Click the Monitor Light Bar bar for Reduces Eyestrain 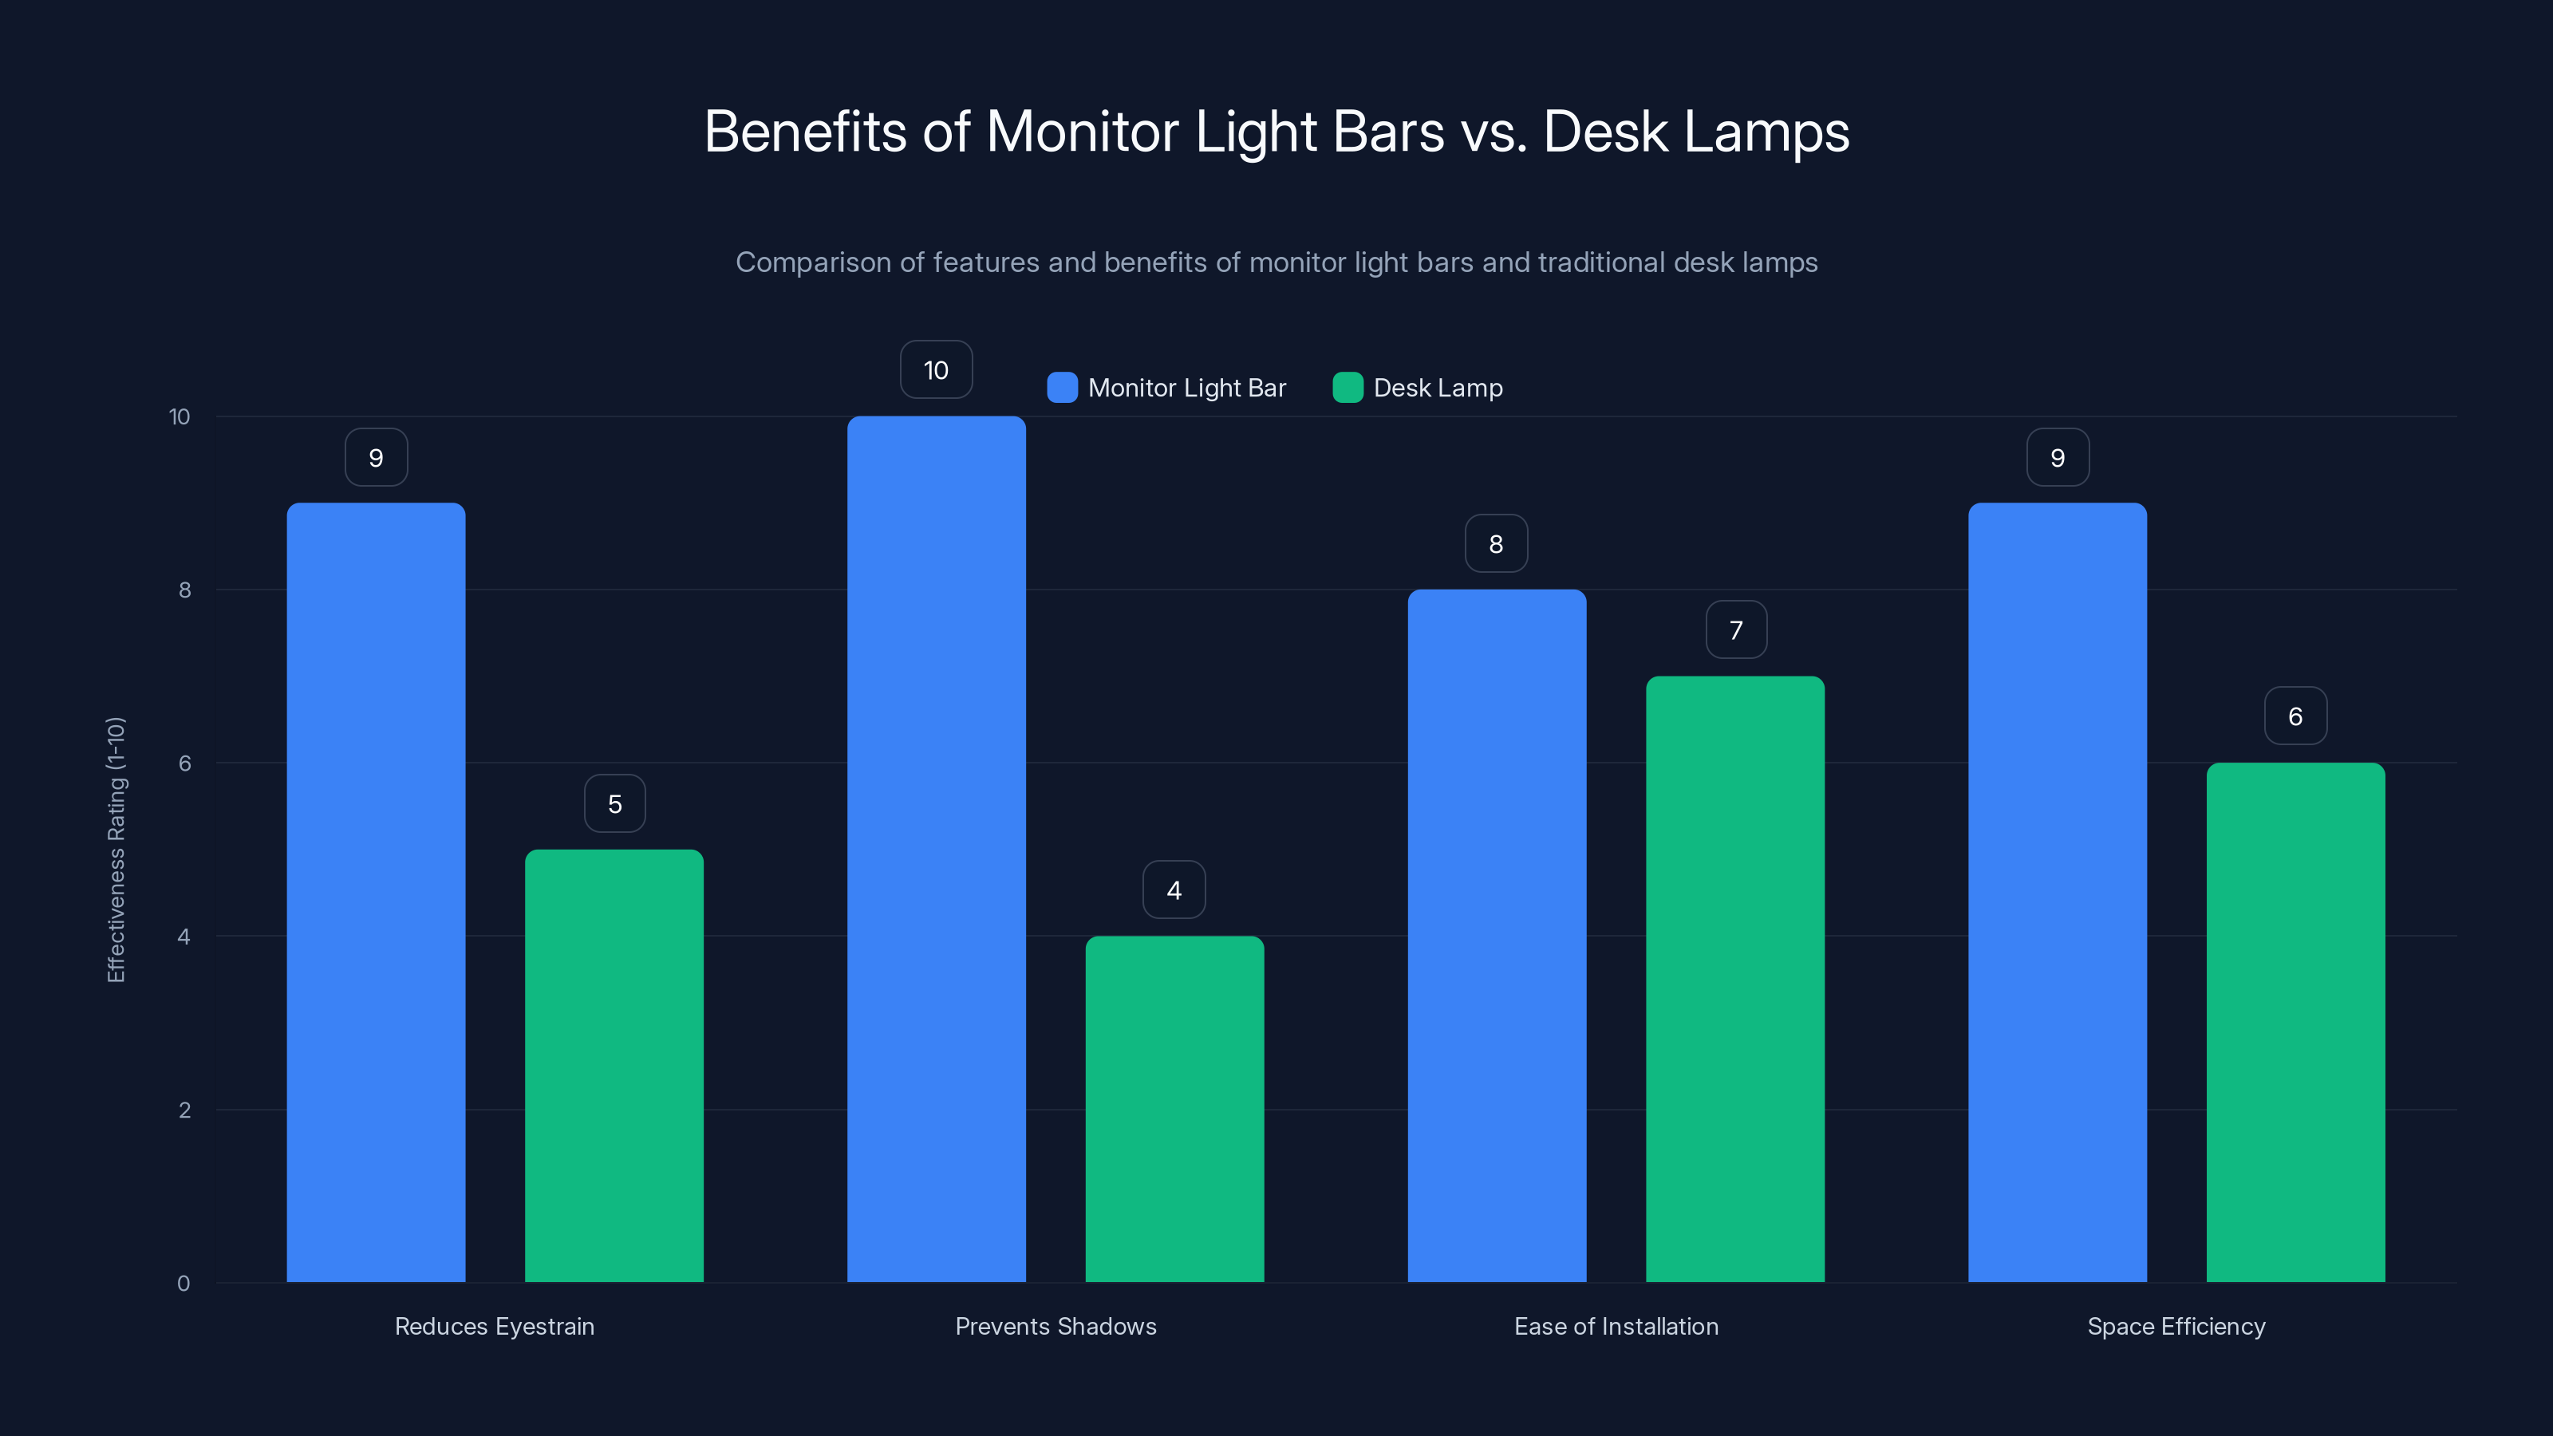pyautogui.click(x=376, y=892)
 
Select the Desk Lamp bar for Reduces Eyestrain pyautogui.click(x=614, y=1065)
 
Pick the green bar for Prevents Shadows pyautogui.click(x=1174, y=1109)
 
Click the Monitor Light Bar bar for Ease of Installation pyautogui.click(x=1497, y=936)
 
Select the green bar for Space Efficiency pyautogui.click(x=2295, y=1022)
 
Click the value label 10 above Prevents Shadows pyautogui.click(x=937, y=369)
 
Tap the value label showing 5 pyautogui.click(x=614, y=803)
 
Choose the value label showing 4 pyautogui.click(x=1174, y=890)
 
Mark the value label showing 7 pyautogui.click(x=1735, y=630)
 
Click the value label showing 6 pyautogui.click(x=2295, y=716)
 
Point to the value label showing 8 pyautogui.click(x=1497, y=544)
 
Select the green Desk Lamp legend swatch pyautogui.click(x=1348, y=388)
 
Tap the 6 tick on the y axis pyautogui.click(x=184, y=763)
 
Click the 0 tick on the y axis pyautogui.click(x=183, y=1284)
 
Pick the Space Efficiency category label pyautogui.click(x=2176, y=1326)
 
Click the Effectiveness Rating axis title pyautogui.click(x=116, y=850)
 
